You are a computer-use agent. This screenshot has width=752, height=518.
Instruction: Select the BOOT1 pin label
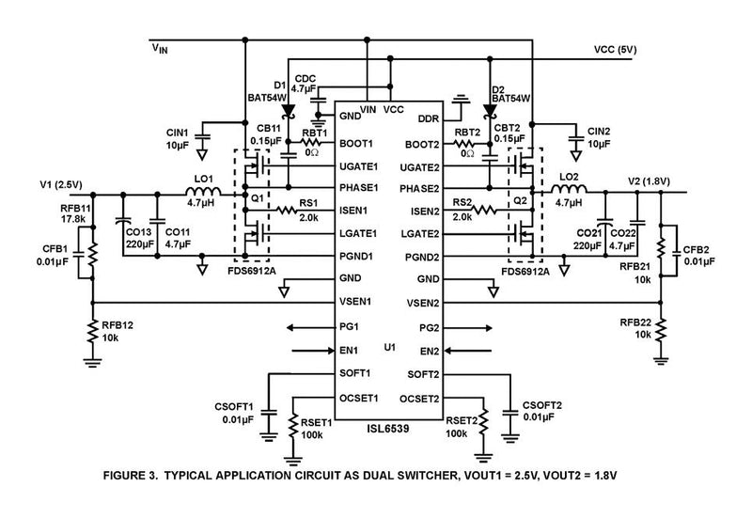(352, 144)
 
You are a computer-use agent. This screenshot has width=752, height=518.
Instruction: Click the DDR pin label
(429, 119)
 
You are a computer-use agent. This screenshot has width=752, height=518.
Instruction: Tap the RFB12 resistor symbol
(93, 330)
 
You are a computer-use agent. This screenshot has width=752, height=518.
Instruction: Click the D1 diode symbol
(287, 116)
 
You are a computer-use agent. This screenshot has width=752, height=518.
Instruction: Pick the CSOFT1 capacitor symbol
(268, 411)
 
